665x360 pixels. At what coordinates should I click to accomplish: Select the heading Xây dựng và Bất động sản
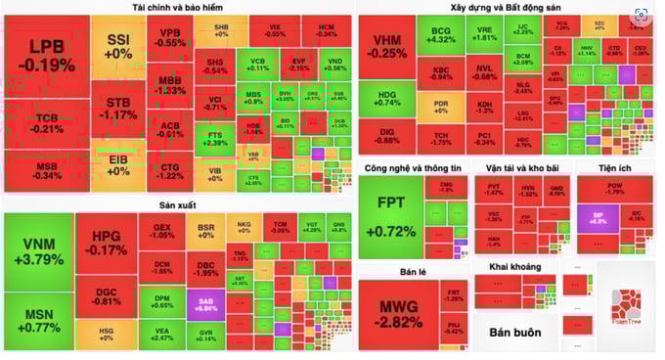(505, 8)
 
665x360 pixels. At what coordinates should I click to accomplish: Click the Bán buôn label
(515, 333)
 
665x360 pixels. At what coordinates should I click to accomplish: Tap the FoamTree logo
(626, 309)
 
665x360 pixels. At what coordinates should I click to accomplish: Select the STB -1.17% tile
(119, 108)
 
